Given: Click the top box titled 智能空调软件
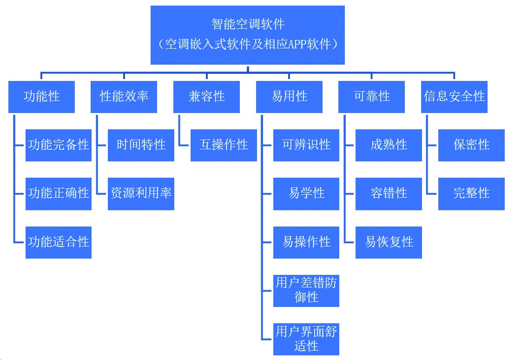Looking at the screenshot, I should [247, 35].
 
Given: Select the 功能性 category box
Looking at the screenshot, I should [41, 97].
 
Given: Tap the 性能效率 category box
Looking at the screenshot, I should [124, 97].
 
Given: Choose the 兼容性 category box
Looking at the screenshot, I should [206, 97].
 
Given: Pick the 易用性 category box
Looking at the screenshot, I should [289, 97].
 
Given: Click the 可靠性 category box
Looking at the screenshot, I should [371, 97].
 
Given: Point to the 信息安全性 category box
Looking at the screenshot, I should [454, 97].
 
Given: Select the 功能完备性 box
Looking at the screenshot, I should [59, 145].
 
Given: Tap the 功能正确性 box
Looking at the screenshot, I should [59, 193].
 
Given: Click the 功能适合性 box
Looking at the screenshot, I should [59, 242].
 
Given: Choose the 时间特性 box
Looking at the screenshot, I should [141, 145].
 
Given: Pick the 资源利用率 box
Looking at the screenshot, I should [141, 193].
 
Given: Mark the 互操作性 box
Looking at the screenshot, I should [224, 145].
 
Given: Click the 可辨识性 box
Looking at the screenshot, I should [306, 145].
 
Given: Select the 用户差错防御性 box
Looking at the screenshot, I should [306, 291].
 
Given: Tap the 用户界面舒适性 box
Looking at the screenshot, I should [306, 339].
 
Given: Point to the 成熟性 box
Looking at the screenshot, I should [389, 145].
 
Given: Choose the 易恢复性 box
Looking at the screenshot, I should [389, 242].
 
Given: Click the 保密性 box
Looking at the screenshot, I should [471, 145].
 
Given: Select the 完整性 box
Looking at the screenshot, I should [471, 193].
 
